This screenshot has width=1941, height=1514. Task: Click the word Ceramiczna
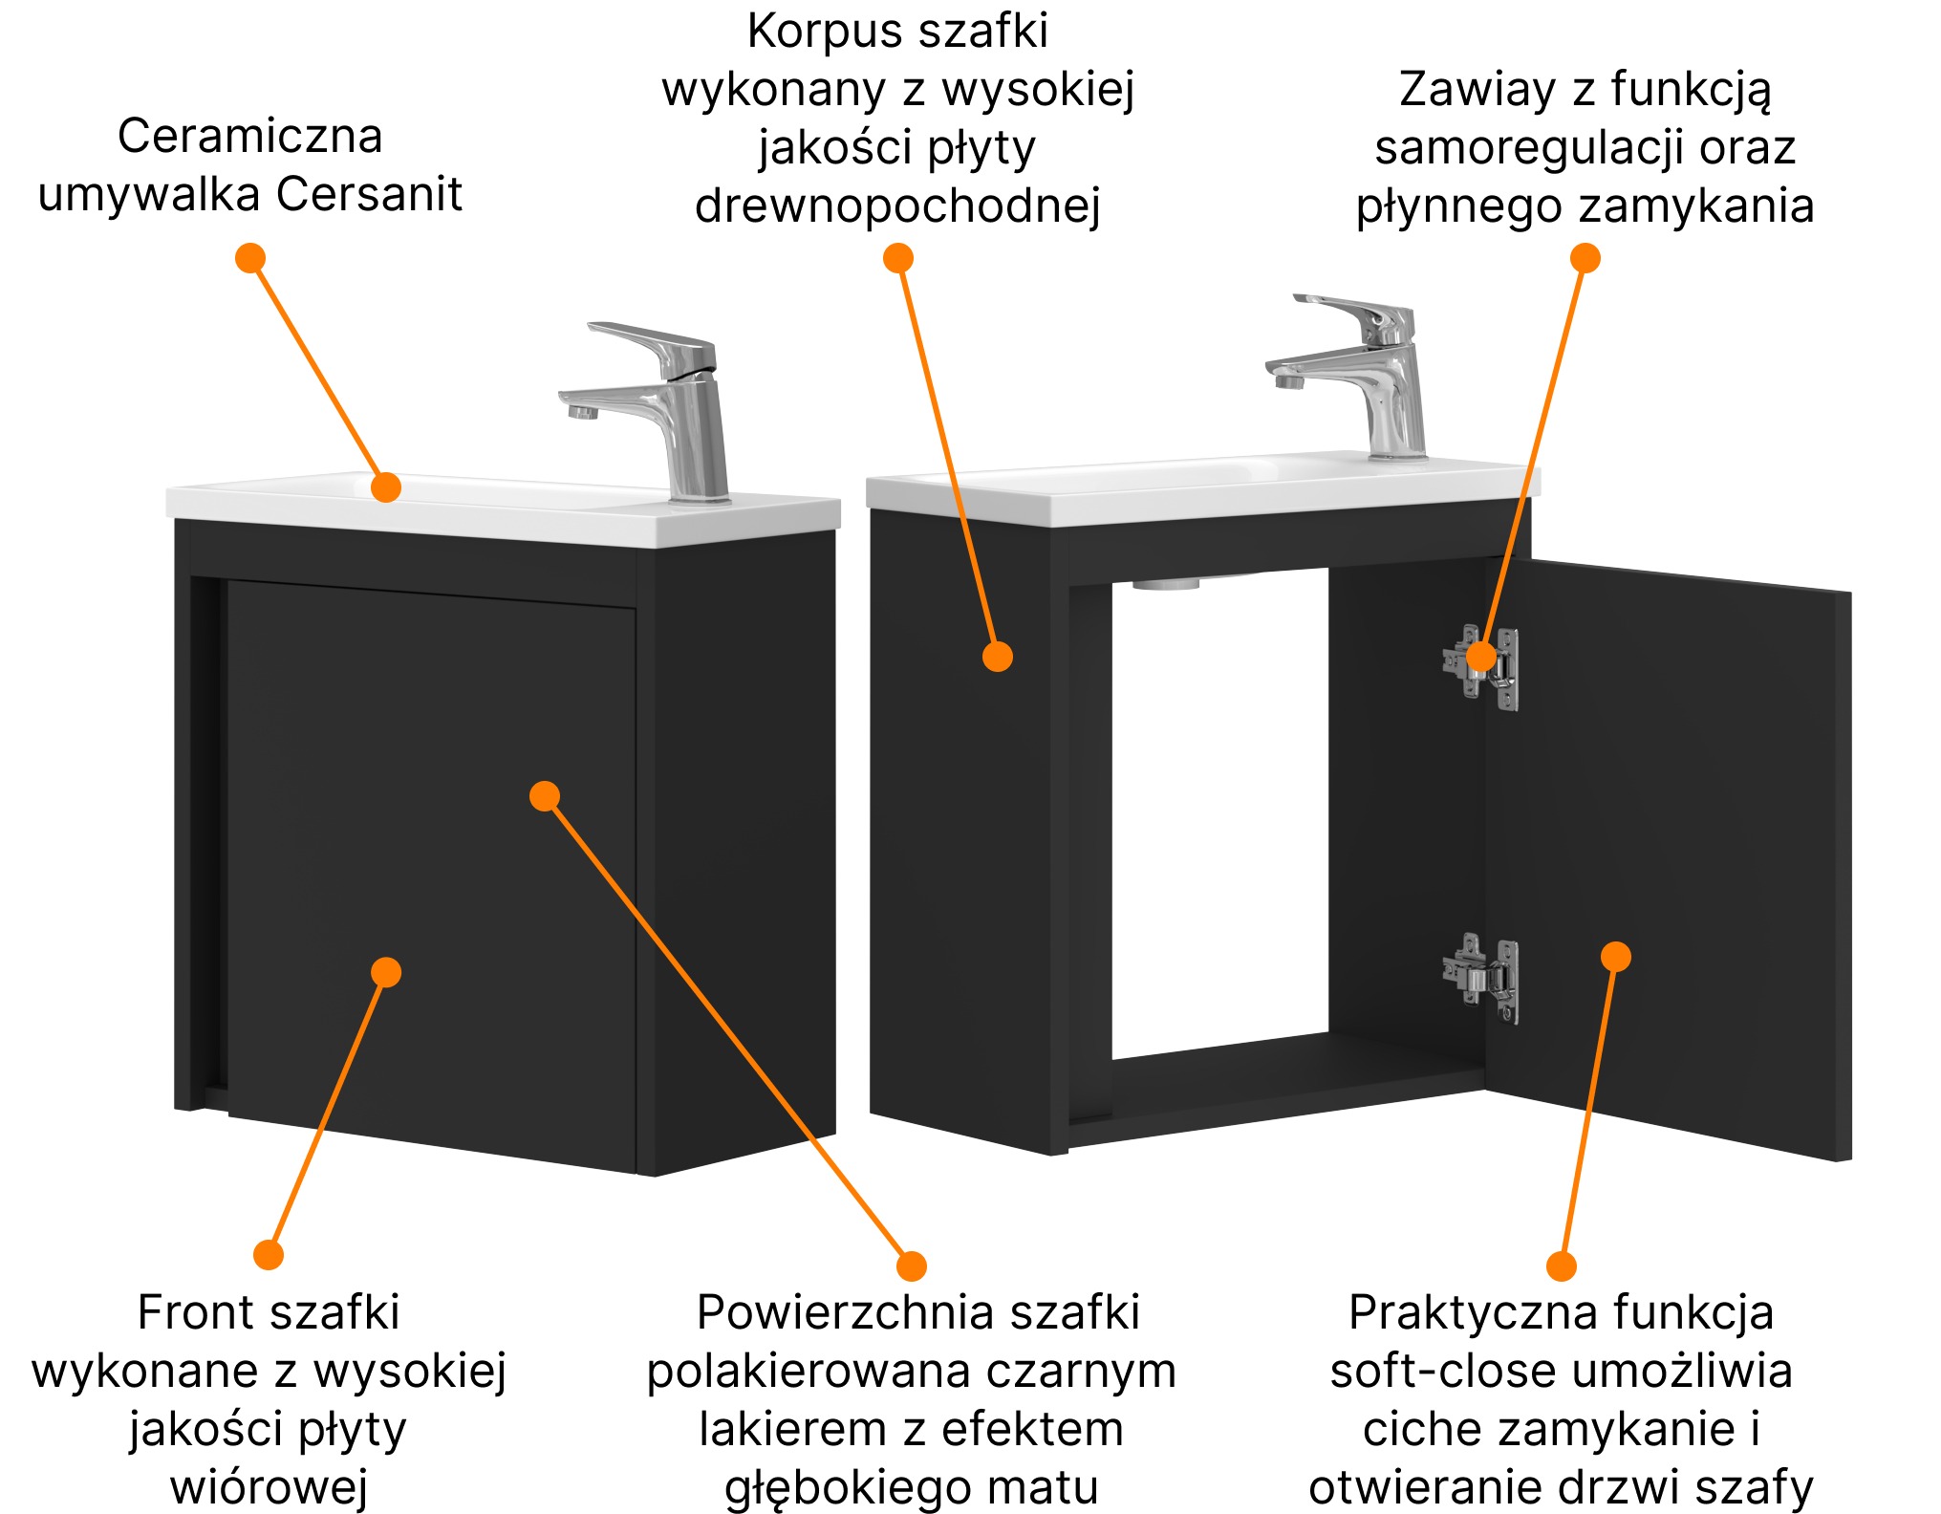[x=249, y=137]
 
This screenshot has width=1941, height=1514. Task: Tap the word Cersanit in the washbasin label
[x=369, y=194]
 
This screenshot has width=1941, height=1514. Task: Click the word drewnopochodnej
[x=897, y=206]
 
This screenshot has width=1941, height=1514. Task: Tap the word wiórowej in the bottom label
[x=269, y=1487]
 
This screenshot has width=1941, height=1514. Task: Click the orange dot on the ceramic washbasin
[x=385, y=487]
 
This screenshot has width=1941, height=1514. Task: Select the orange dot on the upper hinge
[x=1480, y=657]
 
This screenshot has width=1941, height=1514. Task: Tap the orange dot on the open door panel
[x=1615, y=956]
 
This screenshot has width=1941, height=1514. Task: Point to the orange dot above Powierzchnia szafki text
[x=912, y=1265]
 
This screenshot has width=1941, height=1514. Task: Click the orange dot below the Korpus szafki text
[x=897, y=258]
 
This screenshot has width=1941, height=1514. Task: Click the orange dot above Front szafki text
[x=269, y=1254]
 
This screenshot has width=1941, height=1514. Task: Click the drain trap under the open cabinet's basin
[x=1166, y=583]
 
